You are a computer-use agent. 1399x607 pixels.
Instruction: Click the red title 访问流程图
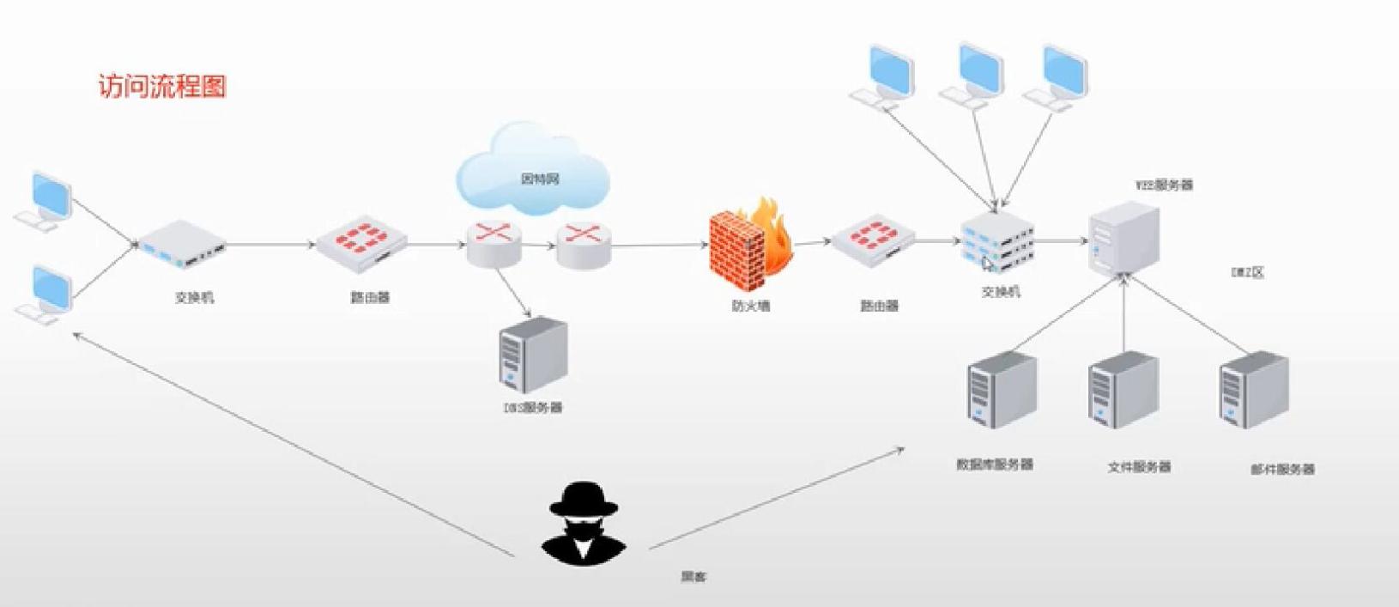[x=162, y=87]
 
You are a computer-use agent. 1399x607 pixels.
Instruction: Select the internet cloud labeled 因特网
[x=533, y=171]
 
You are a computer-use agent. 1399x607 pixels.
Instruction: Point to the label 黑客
[x=693, y=577]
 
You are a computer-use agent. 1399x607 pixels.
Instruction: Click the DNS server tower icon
[x=533, y=355]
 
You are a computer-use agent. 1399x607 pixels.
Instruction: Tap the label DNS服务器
[x=533, y=408]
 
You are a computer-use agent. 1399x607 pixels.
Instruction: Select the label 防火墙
[x=751, y=306]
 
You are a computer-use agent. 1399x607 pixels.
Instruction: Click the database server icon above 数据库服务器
[x=1001, y=391]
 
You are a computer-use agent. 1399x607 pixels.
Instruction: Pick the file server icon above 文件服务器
[x=1123, y=392]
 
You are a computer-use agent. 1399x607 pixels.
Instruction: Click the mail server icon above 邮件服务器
[x=1253, y=390]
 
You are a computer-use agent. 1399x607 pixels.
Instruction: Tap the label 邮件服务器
[x=1282, y=470]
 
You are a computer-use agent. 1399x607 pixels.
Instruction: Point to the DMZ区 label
[x=1248, y=273]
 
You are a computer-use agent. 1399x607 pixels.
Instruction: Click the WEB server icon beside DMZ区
[x=1123, y=240]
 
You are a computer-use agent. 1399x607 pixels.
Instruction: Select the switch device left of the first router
[x=182, y=244]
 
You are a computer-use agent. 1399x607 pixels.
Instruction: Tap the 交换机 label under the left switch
[x=194, y=298]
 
